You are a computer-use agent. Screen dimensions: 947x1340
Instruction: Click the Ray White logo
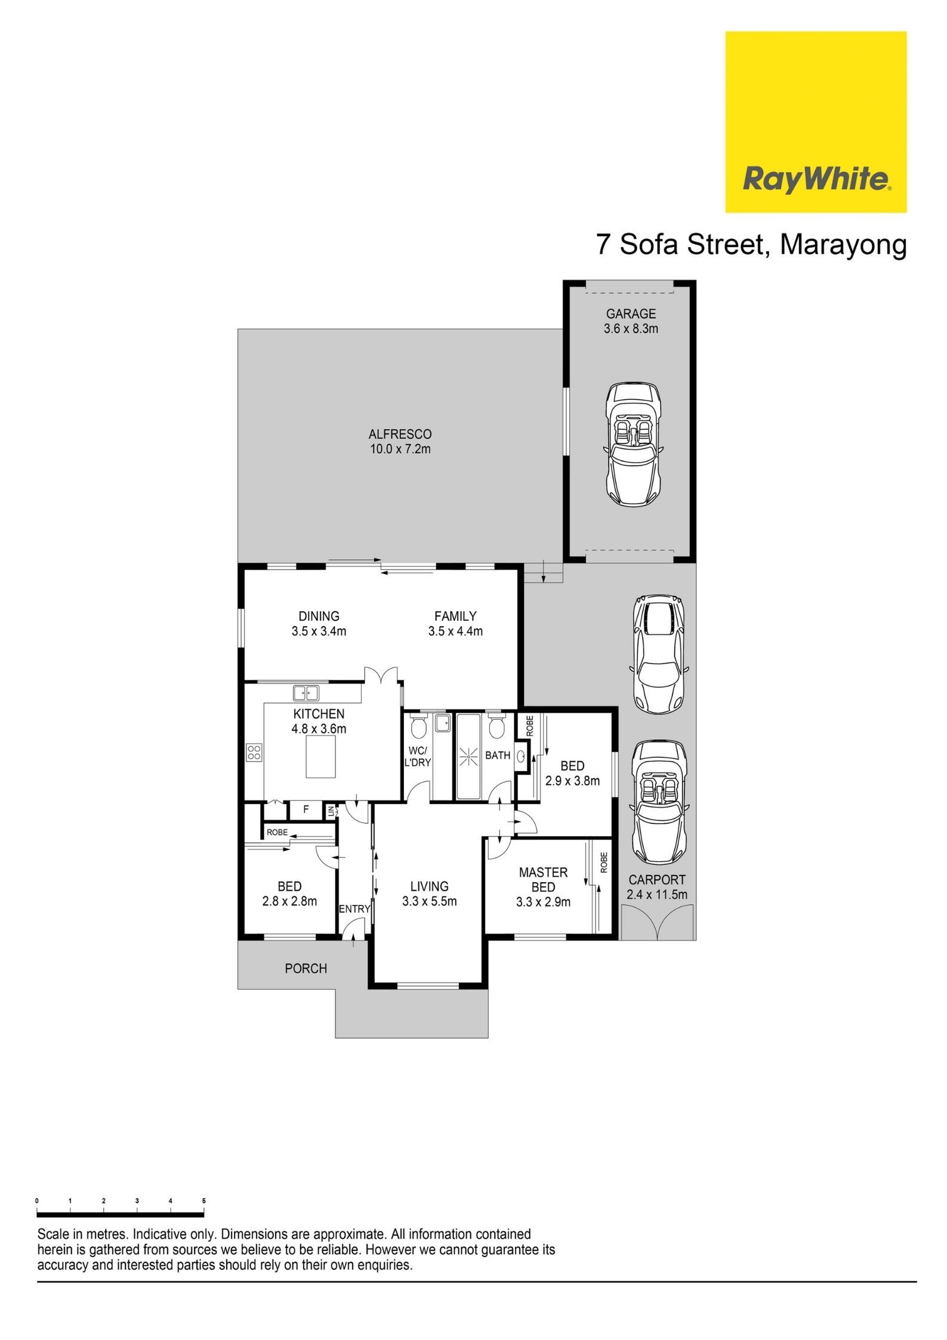816,122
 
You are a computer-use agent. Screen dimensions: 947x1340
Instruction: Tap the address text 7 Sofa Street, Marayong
752,245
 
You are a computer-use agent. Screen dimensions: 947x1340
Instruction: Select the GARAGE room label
631,313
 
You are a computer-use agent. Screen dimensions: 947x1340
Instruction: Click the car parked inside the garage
633,445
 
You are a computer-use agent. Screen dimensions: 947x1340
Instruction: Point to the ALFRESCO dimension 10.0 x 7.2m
400,449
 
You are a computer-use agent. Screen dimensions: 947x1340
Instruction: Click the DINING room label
319,616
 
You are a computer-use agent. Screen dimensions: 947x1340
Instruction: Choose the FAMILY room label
455,616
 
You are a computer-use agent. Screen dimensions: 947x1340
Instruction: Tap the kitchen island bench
321,757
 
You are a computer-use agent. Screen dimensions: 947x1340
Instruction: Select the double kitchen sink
306,693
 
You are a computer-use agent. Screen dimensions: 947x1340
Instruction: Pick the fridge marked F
306,810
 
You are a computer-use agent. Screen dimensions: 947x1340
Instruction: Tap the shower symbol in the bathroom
470,757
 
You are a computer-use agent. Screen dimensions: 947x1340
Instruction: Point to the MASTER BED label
543,880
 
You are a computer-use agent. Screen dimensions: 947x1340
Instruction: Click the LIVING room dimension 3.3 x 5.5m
430,901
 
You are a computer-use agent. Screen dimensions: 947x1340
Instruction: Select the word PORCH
306,969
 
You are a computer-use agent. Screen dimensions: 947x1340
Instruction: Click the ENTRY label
354,909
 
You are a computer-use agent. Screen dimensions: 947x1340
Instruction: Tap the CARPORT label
657,880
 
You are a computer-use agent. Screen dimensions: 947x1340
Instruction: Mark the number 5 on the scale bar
204,1200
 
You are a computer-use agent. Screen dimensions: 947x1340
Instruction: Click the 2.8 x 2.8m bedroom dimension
289,901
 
